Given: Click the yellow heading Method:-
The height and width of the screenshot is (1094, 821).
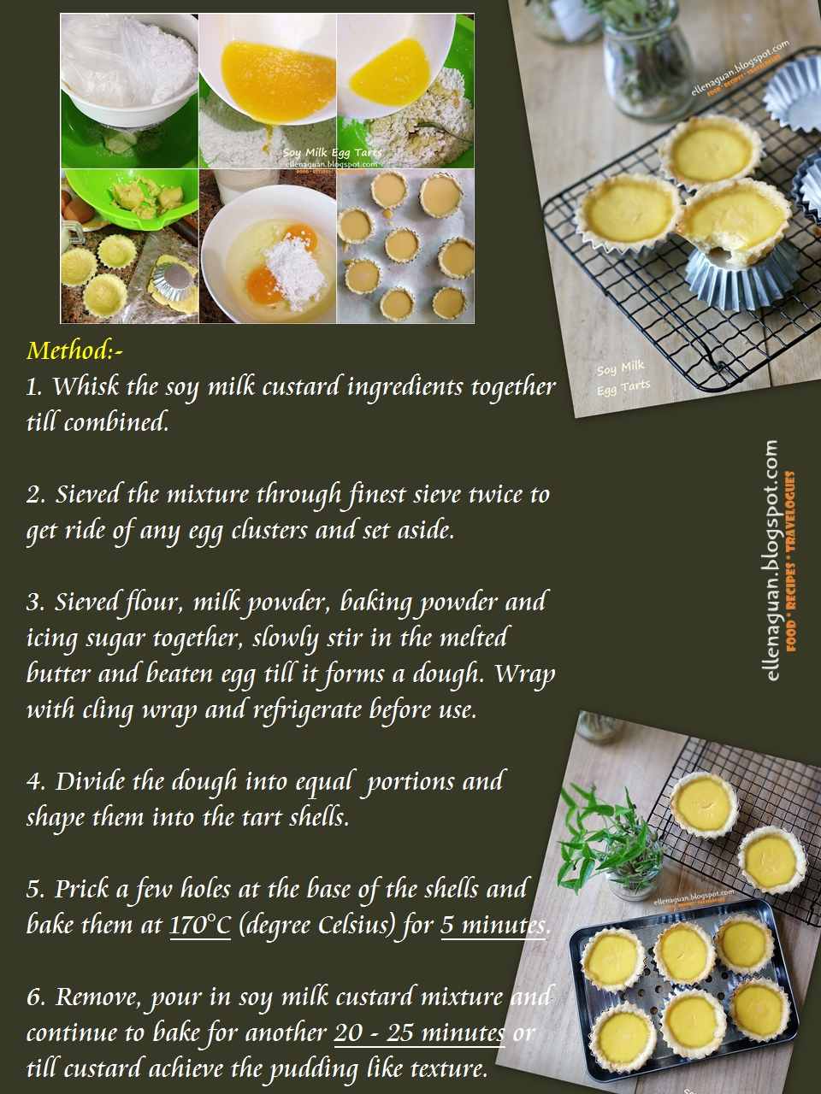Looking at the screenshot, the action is click(x=75, y=350).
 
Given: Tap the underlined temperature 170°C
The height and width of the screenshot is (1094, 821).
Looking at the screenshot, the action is click(x=200, y=926).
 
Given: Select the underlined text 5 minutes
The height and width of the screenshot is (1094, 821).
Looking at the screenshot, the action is click(x=493, y=926).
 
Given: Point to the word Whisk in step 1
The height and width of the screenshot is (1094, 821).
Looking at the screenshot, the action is click(x=86, y=386).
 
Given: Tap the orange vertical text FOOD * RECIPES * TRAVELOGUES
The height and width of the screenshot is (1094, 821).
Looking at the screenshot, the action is click(x=790, y=562).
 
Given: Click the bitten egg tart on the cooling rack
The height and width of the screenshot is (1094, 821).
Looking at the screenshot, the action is click(x=734, y=226).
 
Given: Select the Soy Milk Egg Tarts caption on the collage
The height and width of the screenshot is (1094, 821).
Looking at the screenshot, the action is click(x=332, y=152).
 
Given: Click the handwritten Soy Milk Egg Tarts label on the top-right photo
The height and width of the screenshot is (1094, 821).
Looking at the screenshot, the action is click(x=623, y=377).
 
